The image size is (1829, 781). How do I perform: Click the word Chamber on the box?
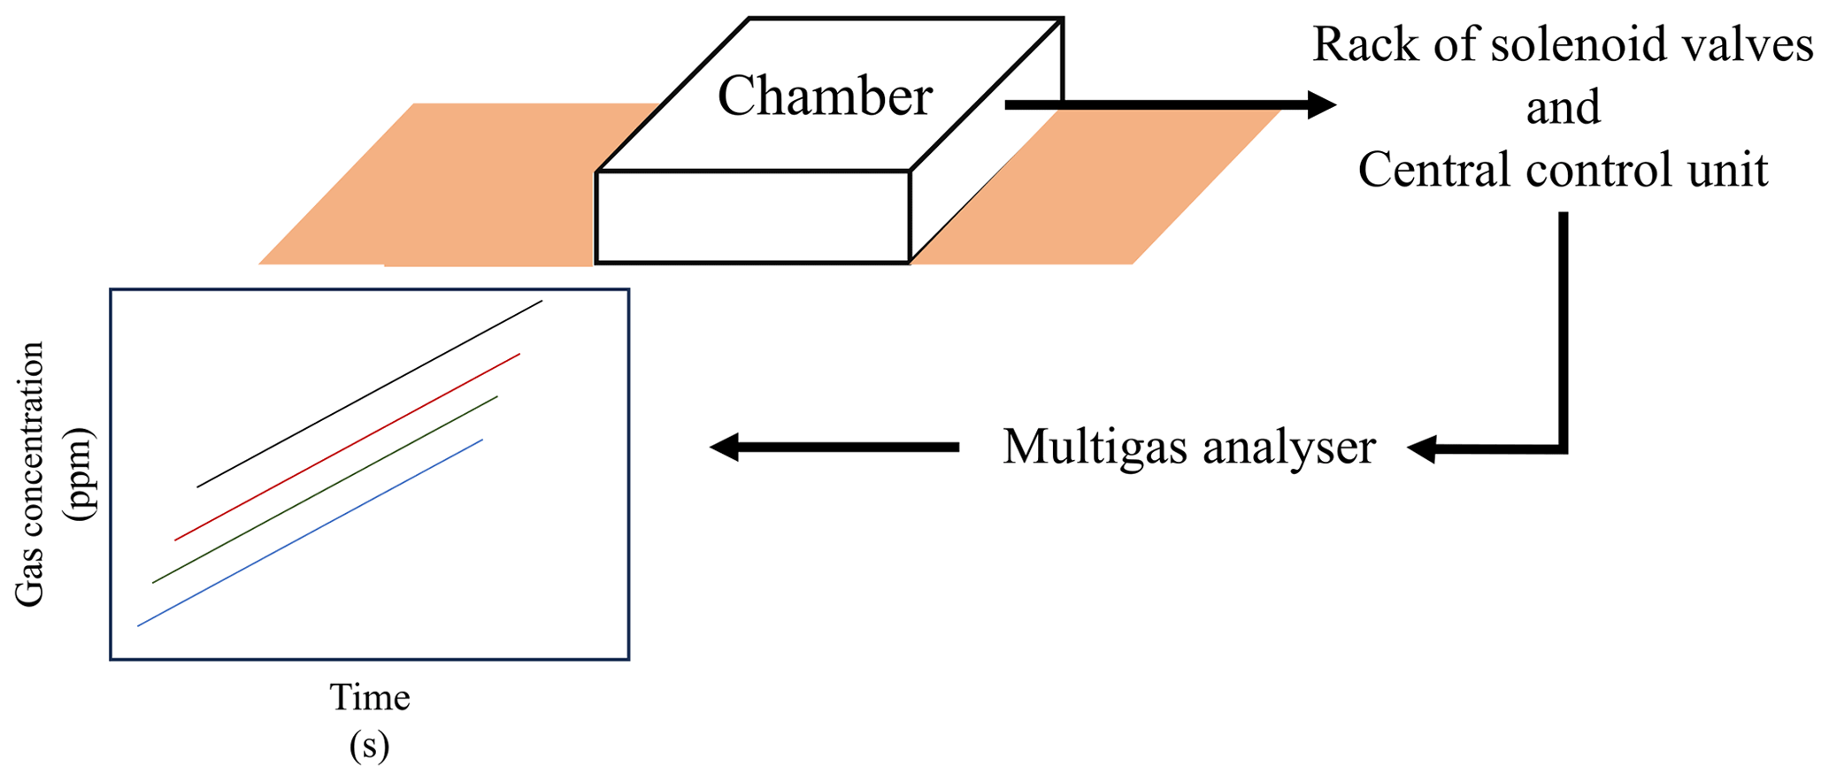825,96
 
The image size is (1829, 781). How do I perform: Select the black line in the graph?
370,394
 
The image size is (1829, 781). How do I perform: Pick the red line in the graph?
348,447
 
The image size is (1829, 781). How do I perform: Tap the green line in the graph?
326,489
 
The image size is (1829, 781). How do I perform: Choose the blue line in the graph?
310,532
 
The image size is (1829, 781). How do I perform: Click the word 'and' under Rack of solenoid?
1564,108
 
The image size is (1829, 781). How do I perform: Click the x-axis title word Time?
370,698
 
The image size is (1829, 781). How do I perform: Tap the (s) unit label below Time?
369,746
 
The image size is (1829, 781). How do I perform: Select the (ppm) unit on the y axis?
83,475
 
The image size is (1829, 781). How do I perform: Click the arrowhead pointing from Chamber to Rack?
1322,105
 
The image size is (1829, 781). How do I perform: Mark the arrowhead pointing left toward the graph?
725,448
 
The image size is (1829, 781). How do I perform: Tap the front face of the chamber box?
753,218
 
